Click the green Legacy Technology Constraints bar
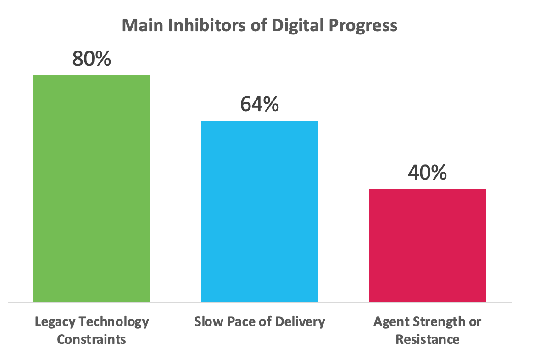(92, 188)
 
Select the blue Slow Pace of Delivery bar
(260, 211)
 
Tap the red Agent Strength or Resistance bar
(428, 245)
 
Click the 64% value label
(259, 105)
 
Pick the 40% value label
(427, 173)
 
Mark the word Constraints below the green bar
(91, 340)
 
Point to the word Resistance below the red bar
(427, 340)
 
